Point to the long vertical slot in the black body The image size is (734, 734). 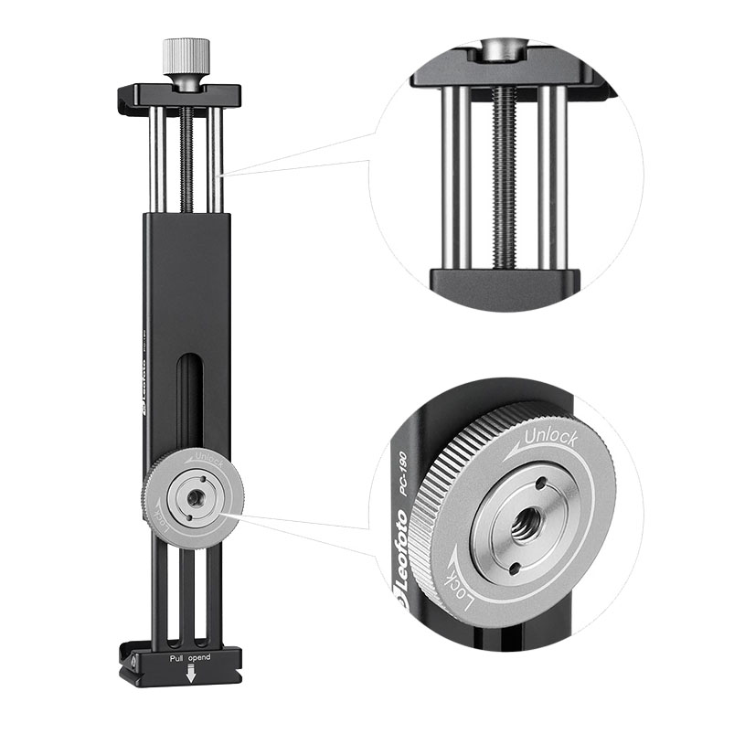(x=187, y=402)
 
